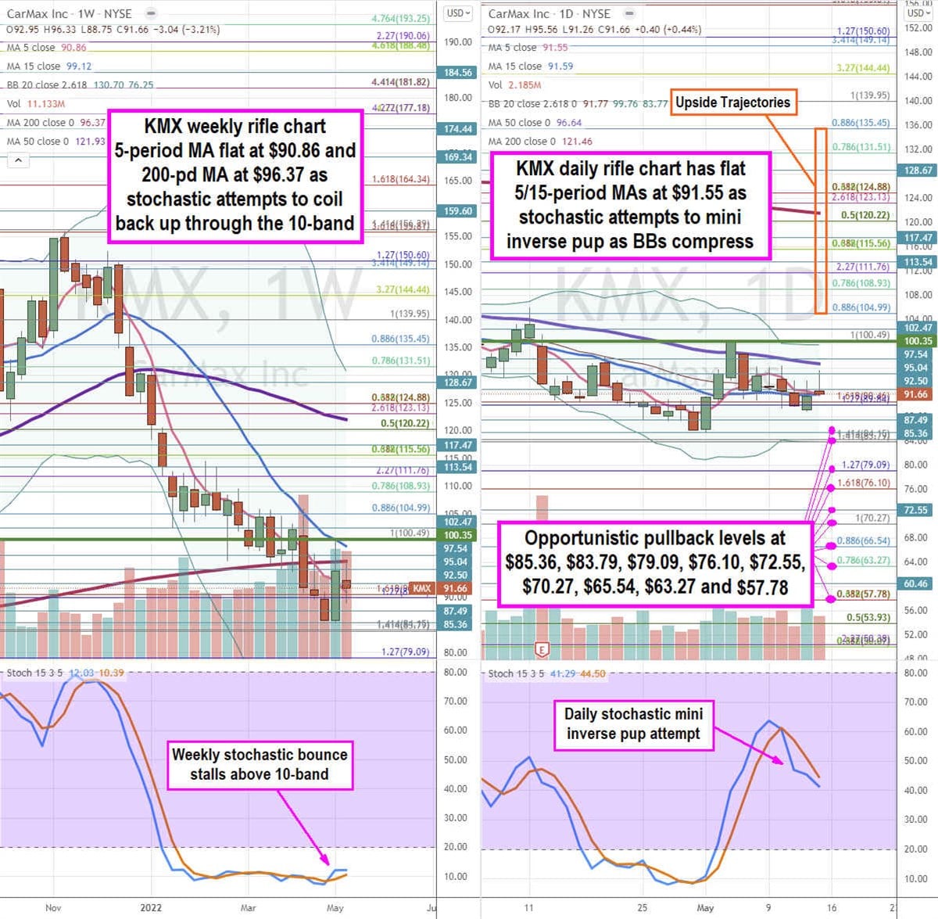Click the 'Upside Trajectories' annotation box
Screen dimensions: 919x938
pos(733,102)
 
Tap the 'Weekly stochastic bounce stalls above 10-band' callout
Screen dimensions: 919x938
pos(260,764)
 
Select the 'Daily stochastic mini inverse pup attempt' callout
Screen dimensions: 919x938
pos(633,723)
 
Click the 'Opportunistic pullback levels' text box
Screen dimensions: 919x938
pos(655,562)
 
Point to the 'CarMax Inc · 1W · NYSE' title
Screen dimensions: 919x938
pos(70,14)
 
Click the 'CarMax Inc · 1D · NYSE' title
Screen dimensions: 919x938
pos(549,14)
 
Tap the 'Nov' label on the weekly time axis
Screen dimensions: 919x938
pos(53,907)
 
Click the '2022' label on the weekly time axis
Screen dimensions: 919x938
pos(151,907)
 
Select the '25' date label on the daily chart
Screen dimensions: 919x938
pos(642,907)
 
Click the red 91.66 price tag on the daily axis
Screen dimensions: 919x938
pos(915,395)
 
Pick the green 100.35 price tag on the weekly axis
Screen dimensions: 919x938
pos(456,536)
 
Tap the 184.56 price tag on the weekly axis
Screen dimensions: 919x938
pos(458,73)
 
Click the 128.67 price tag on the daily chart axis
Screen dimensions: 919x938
pos(918,171)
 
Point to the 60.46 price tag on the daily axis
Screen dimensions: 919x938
pos(915,583)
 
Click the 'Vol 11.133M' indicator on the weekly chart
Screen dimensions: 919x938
pos(36,104)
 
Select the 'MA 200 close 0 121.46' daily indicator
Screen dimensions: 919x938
pos(540,142)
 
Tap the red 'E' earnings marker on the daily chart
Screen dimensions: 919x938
pos(541,649)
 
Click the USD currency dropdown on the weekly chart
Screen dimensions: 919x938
pos(458,13)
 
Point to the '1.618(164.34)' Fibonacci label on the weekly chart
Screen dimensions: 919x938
pos(401,180)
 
